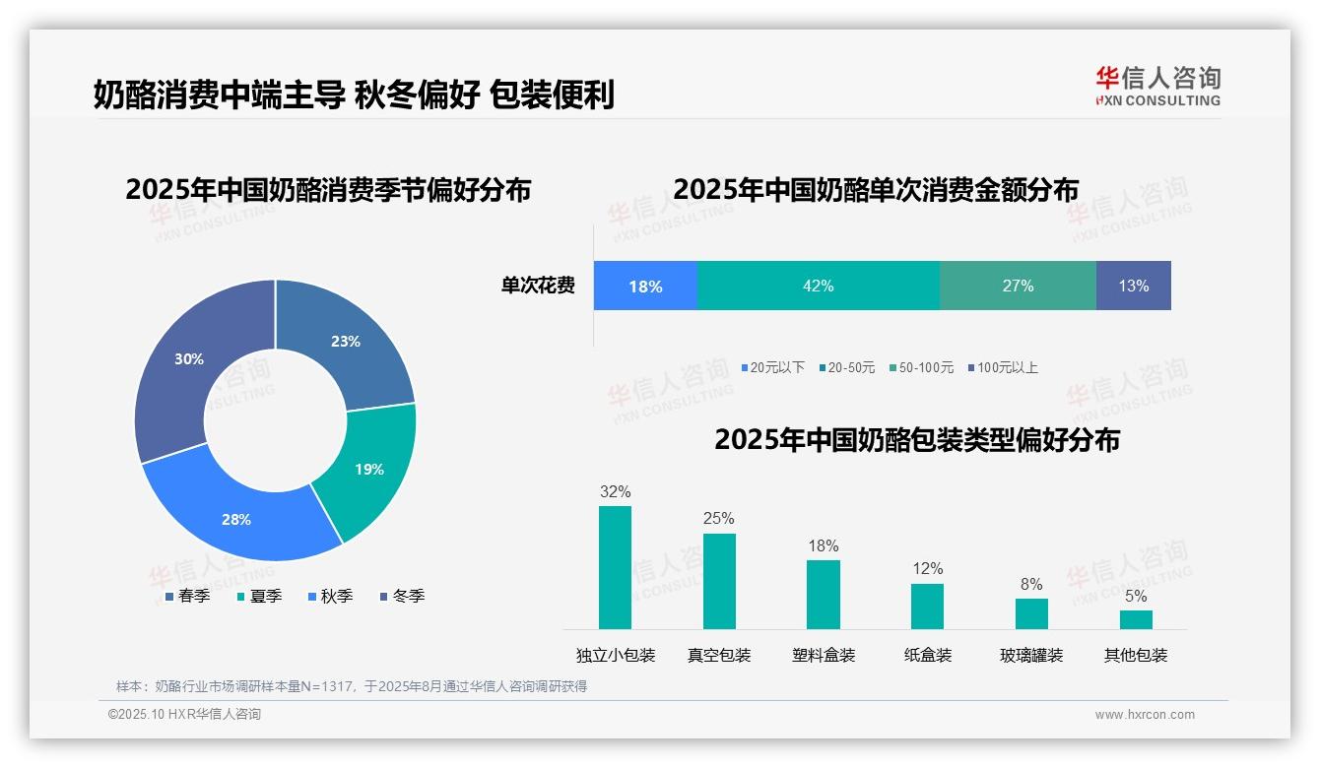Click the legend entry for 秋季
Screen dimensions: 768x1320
click(x=330, y=597)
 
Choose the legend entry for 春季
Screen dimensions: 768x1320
click(x=186, y=597)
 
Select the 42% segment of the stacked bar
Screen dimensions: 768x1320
click(x=818, y=287)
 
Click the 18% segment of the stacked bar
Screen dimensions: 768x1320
click(x=645, y=287)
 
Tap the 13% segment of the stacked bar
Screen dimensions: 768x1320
click(x=1133, y=287)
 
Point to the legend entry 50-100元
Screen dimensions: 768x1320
click(x=921, y=368)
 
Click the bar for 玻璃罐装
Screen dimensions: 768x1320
click(x=1031, y=613)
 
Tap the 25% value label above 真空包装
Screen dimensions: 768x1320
click(x=719, y=518)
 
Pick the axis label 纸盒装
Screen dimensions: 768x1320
click(x=928, y=656)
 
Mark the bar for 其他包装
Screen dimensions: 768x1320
click(x=1136, y=619)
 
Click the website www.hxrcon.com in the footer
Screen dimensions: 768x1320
click(x=1145, y=715)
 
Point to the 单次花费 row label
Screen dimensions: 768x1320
click(x=538, y=287)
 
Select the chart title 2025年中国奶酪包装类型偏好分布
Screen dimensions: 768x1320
click(x=917, y=440)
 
